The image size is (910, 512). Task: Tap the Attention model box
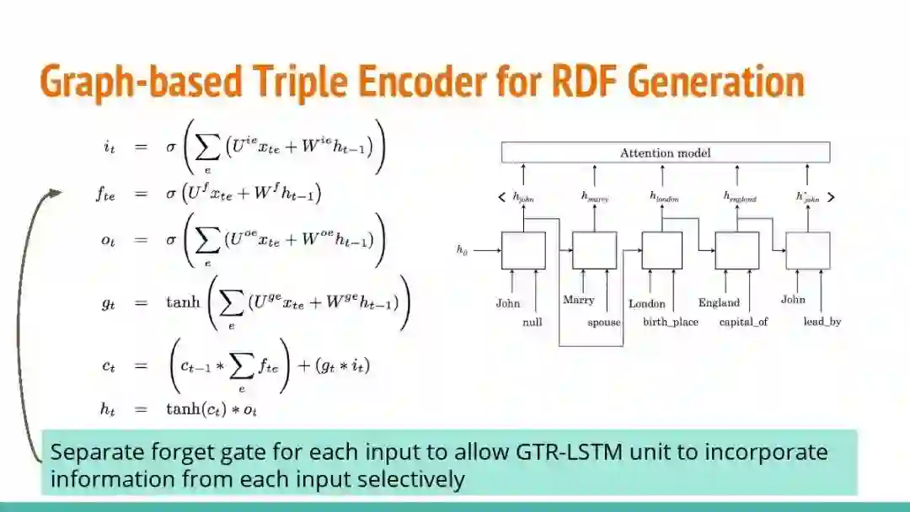[665, 152]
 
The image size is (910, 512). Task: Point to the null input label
[532, 322]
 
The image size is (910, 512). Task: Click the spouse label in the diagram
[604, 322]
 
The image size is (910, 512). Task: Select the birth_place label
[670, 322]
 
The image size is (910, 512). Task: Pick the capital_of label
[743, 322]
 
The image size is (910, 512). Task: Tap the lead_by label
[822, 322]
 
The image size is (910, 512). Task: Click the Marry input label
[578, 300]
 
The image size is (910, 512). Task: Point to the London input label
[646, 303]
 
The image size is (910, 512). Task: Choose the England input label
[719, 302]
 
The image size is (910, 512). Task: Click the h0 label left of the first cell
[461, 249]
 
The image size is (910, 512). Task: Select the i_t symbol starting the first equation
[109, 147]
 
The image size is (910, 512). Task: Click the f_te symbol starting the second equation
[105, 194]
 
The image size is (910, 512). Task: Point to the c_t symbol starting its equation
[108, 365]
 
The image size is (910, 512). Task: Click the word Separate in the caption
[91, 452]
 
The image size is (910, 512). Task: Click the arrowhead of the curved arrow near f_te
[56, 193]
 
